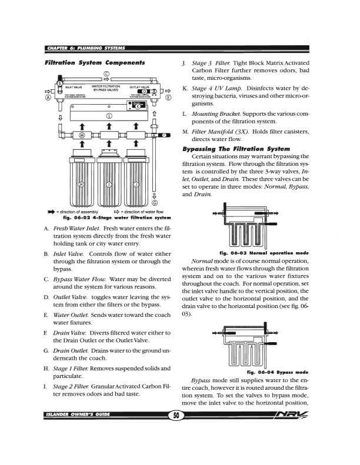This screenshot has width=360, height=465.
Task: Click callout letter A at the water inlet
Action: click(47, 98)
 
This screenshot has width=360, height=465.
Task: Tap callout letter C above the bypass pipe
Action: click(106, 74)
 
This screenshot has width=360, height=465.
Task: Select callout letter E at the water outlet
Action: click(168, 98)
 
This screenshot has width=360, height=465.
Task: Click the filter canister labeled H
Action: click(82, 184)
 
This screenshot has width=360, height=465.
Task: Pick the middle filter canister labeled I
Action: click(109, 184)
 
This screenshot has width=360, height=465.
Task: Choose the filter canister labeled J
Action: click(136, 184)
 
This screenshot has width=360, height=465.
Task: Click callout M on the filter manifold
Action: click(82, 135)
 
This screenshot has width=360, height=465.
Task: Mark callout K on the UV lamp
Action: click(138, 106)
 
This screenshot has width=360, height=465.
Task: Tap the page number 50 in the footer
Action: click(176, 449)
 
